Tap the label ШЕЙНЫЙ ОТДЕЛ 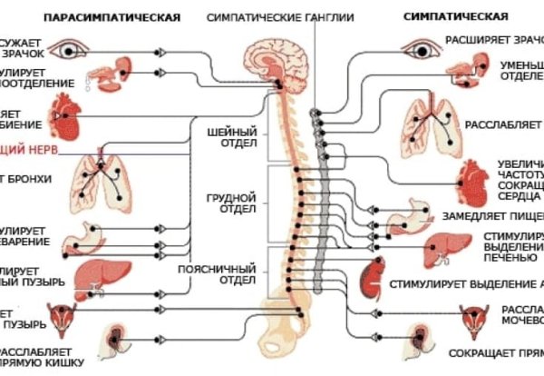coord(238,136)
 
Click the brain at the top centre coord(277,54)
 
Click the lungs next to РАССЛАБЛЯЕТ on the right coord(433,122)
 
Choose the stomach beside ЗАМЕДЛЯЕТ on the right coord(403,217)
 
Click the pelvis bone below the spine coord(290,322)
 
